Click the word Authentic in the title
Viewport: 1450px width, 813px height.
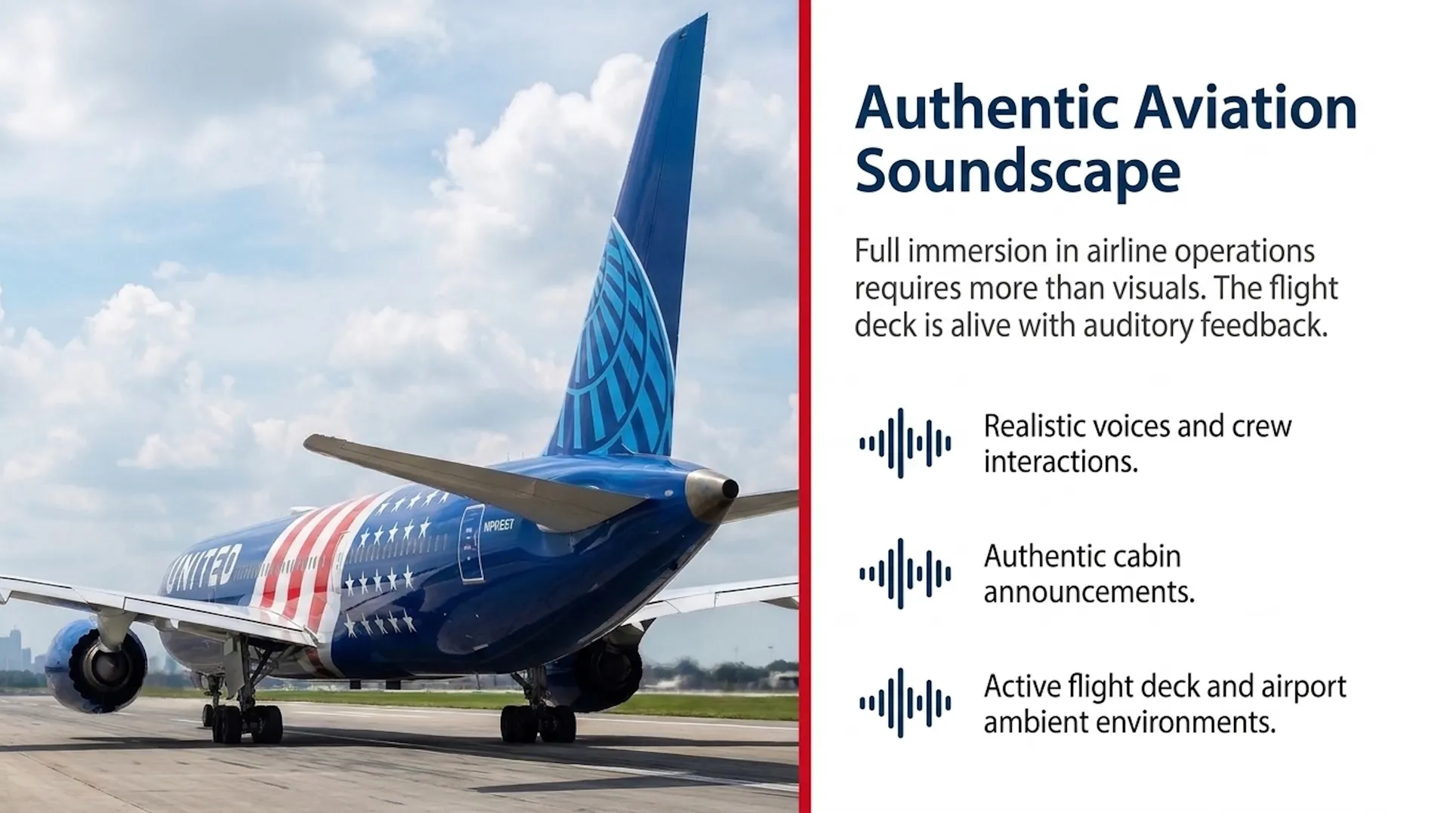[986, 108]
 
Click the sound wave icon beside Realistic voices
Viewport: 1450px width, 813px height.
[905, 443]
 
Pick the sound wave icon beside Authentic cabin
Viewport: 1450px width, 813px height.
[905, 574]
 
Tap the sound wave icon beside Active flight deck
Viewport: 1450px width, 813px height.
[905, 703]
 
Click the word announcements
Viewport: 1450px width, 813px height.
[1089, 592]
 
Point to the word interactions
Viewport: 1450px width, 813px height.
[1060, 461]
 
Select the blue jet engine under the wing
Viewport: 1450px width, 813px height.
[96, 667]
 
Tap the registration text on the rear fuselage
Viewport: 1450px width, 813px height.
[498, 525]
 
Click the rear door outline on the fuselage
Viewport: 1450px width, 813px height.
[471, 544]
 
